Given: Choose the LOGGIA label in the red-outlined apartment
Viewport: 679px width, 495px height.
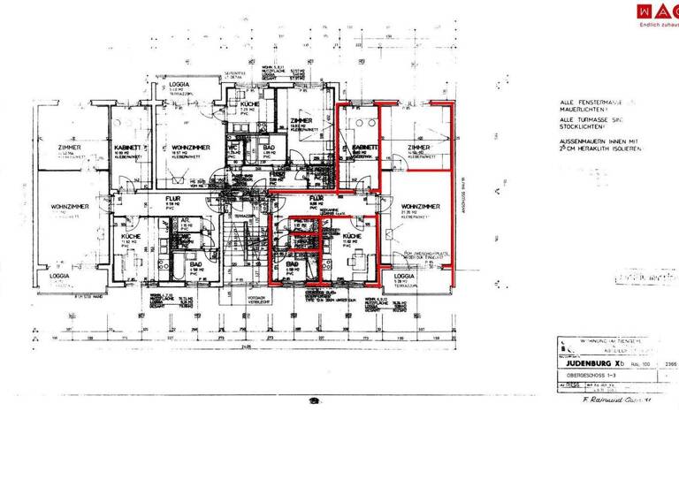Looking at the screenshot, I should [x=401, y=277].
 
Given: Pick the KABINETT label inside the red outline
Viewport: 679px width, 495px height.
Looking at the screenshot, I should [x=365, y=147].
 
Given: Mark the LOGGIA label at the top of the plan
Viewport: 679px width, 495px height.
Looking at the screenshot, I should [x=179, y=85].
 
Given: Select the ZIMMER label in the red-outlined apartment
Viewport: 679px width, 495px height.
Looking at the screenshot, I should [x=418, y=147].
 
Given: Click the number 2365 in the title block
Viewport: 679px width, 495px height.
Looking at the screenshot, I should [x=670, y=362].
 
